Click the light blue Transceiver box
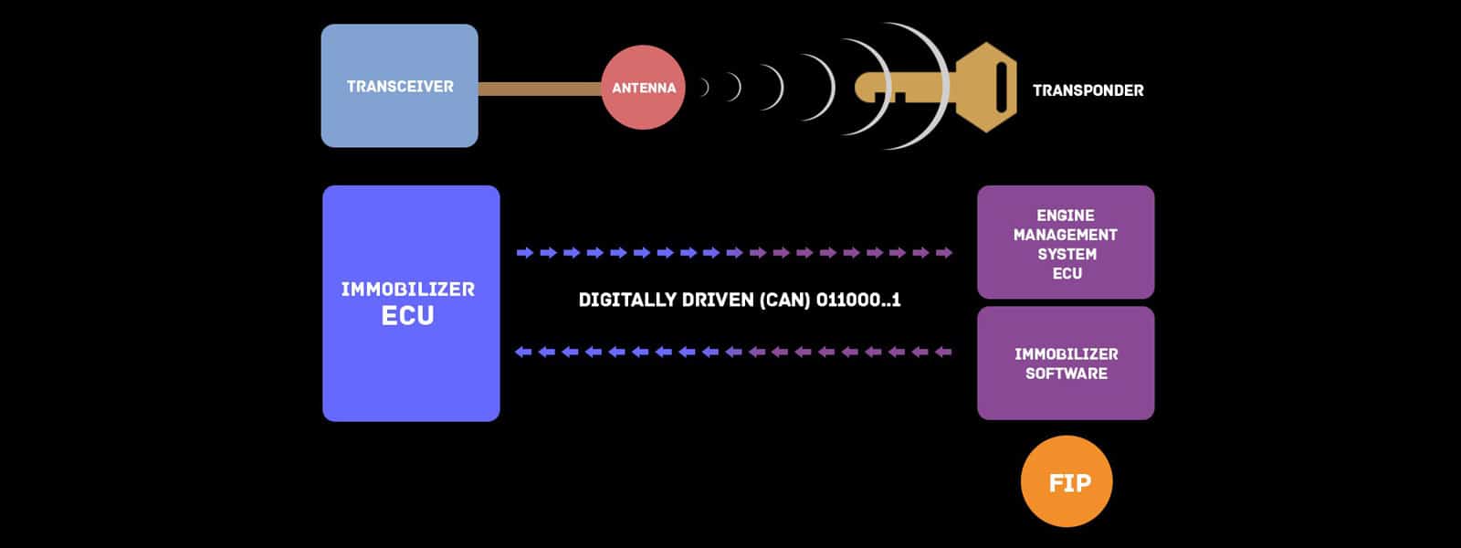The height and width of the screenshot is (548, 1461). [x=400, y=86]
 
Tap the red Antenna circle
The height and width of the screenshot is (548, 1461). [x=643, y=88]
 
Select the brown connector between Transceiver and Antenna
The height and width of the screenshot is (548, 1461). [x=540, y=89]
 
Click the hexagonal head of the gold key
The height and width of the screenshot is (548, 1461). [x=986, y=88]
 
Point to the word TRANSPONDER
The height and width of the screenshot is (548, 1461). [x=1088, y=90]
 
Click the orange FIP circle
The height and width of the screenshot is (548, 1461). [x=1067, y=481]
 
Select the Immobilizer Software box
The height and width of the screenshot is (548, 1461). [x=1066, y=364]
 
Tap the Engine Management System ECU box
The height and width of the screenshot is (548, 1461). [x=1066, y=242]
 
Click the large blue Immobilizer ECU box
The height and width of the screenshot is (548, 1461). [x=411, y=303]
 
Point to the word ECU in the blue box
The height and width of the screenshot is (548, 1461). [x=407, y=316]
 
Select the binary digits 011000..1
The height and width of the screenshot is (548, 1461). [x=858, y=300]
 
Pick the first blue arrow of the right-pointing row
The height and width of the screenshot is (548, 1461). [x=525, y=252]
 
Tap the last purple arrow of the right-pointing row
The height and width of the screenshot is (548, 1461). [x=944, y=252]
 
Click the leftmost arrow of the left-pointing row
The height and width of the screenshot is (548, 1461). [x=523, y=353]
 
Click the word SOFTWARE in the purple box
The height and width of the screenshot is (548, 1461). [x=1067, y=374]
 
